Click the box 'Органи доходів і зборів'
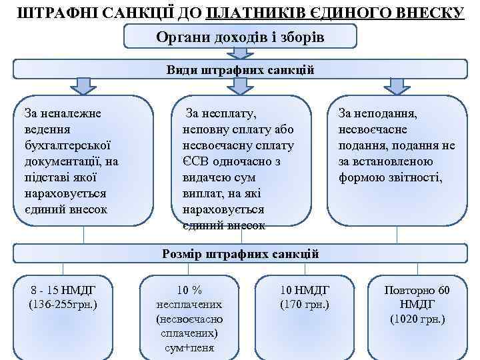pyautogui.click(x=240, y=37)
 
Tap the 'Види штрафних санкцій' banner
pyautogui.click(x=240, y=69)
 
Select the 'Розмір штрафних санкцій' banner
pyautogui.click(x=240, y=254)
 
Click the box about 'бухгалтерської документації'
pyautogui.click(x=83, y=160)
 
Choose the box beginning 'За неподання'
pyautogui.click(x=397, y=160)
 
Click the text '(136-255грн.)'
pyautogui.click(x=64, y=305)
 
